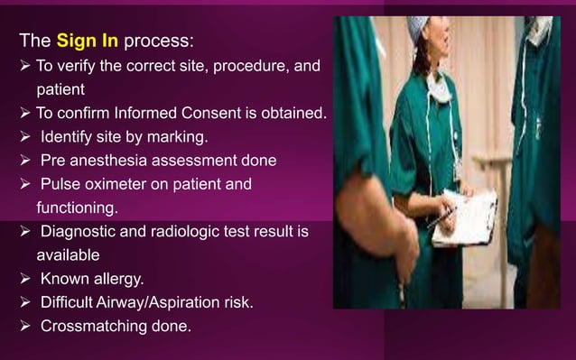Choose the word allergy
pyautogui.click(x=124, y=279)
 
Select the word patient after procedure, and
pyautogui.click(x=60, y=90)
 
